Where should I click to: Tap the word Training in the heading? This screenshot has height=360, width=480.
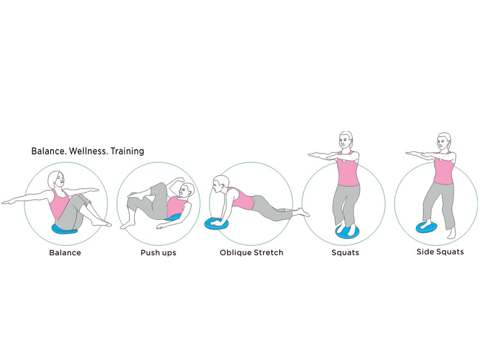[127, 151]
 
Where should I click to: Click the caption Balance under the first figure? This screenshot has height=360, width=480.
[65, 253]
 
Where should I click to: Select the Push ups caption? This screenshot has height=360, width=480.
[159, 253]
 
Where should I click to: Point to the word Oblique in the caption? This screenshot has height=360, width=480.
[235, 253]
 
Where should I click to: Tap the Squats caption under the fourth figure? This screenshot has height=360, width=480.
[346, 253]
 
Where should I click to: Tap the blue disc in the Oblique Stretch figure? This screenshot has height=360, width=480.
[216, 223]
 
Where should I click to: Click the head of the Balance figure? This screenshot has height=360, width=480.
[56, 181]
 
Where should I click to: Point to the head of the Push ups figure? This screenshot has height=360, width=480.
[186, 191]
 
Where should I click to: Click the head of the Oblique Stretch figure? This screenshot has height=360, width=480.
[221, 184]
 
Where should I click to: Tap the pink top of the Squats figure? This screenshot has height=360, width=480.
[348, 169]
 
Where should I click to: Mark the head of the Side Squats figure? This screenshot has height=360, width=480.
[444, 141]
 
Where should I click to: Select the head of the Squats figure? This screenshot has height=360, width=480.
[346, 141]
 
